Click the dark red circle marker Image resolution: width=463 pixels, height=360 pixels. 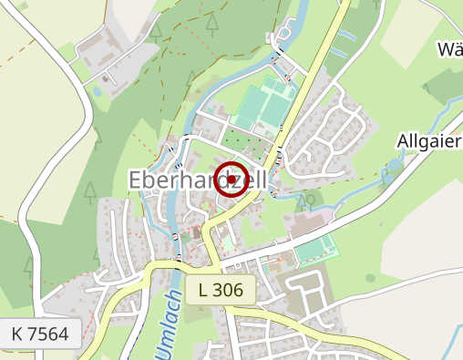point(234,180)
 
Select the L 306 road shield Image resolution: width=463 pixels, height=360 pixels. point(221,291)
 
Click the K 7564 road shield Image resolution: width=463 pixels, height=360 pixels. point(41,334)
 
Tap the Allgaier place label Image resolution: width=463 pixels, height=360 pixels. point(429,141)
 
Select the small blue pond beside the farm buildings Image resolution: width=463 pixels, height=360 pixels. point(98,91)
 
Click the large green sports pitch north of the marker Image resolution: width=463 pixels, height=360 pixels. point(265,105)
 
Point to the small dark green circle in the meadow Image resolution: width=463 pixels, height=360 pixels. point(369,277)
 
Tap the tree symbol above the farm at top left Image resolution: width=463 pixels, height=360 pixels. point(156,32)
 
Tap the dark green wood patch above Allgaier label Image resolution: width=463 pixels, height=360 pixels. point(442,87)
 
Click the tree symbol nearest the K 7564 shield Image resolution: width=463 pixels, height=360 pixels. point(28,267)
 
